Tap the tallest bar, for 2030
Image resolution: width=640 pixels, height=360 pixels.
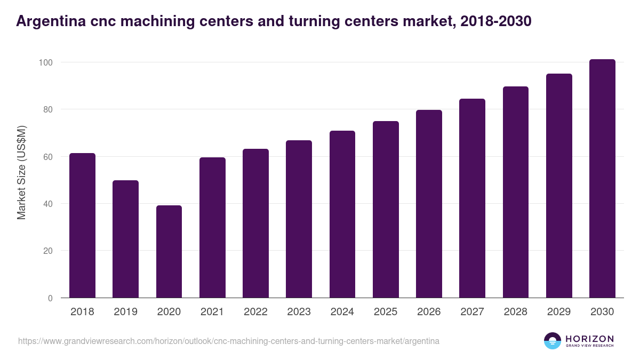(602, 179)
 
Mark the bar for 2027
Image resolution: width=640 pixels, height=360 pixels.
(472, 198)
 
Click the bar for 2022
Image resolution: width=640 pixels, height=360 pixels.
(255, 223)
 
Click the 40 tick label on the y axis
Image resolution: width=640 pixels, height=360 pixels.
(48, 204)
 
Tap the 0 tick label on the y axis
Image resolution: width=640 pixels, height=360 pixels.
(50, 298)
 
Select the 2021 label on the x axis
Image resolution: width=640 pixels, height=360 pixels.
(212, 312)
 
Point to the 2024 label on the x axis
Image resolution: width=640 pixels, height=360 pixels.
(342, 312)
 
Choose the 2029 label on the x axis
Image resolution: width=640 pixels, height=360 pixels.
(559, 312)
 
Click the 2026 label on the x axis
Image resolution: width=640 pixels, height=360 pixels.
(429, 312)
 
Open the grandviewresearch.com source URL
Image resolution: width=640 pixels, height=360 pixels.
(229, 341)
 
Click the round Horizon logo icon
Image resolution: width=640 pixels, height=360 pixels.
(553, 341)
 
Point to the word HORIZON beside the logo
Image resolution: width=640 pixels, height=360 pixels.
(589, 338)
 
